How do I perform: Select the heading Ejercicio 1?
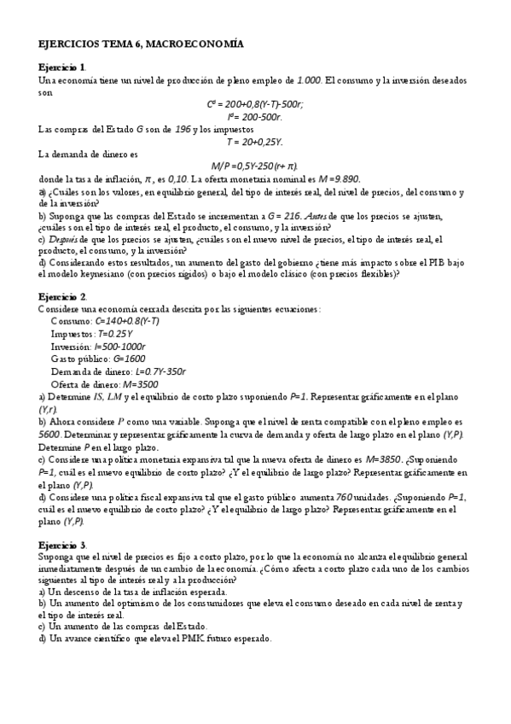click(x=62, y=67)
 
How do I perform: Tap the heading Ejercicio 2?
click(x=62, y=295)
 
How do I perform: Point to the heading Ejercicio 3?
click(x=62, y=544)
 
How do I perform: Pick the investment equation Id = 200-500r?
click(x=255, y=116)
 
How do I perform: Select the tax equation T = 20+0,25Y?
click(x=255, y=141)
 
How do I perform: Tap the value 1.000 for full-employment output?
click(x=309, y=79)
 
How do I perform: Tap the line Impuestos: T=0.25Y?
click(x=91, y=334)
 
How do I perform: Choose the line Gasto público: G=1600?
click(x=98, y=359)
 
